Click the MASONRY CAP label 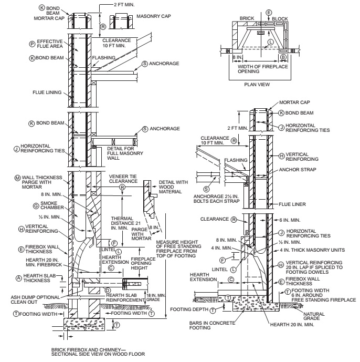(x=154, y=16)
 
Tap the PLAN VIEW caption (x=257, y=85)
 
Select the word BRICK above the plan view (x=247, y=18)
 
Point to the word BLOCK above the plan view (x=280, y=19)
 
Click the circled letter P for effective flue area (x=32, y=44)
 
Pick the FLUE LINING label (x=47, y=92)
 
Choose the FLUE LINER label (x=292, y=204)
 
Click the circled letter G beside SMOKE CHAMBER (x=36, y=206)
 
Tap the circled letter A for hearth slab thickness (x=19, y=278)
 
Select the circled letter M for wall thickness (x=17, y=178)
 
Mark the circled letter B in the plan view (x=283, y=57)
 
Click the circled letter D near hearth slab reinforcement (x=108, y=291)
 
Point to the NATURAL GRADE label (x=314, y=316)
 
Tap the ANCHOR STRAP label (x=298, y=170)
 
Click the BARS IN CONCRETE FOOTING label (x=212, y=325)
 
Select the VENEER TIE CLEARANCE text (x=123, y=179)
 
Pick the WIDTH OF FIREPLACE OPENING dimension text (x=263, y=69)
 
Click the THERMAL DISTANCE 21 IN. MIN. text (x=126, y=223)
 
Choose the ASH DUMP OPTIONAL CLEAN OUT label (x=35, y=299)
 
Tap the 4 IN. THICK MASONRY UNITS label (x=312, y=250)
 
